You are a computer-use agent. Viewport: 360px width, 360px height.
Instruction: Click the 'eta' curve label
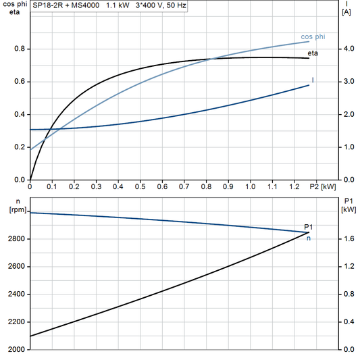tap(313, 52)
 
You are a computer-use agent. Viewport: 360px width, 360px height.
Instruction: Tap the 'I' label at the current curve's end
tap(313, 80)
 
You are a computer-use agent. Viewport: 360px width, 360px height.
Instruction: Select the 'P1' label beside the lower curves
tap(309, 227)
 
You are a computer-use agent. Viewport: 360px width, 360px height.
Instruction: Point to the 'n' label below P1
tap(309, 238)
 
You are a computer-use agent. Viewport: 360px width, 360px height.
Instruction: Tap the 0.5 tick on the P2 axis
tap(140, 186)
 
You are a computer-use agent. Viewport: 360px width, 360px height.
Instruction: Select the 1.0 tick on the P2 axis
tap(250, 186)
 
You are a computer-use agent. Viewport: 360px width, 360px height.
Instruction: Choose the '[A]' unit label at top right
tap(346, 11)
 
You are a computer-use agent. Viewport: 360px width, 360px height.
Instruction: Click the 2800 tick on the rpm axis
tap(17, 239)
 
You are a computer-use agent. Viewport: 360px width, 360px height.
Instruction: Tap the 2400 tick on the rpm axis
tap(17, 294)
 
